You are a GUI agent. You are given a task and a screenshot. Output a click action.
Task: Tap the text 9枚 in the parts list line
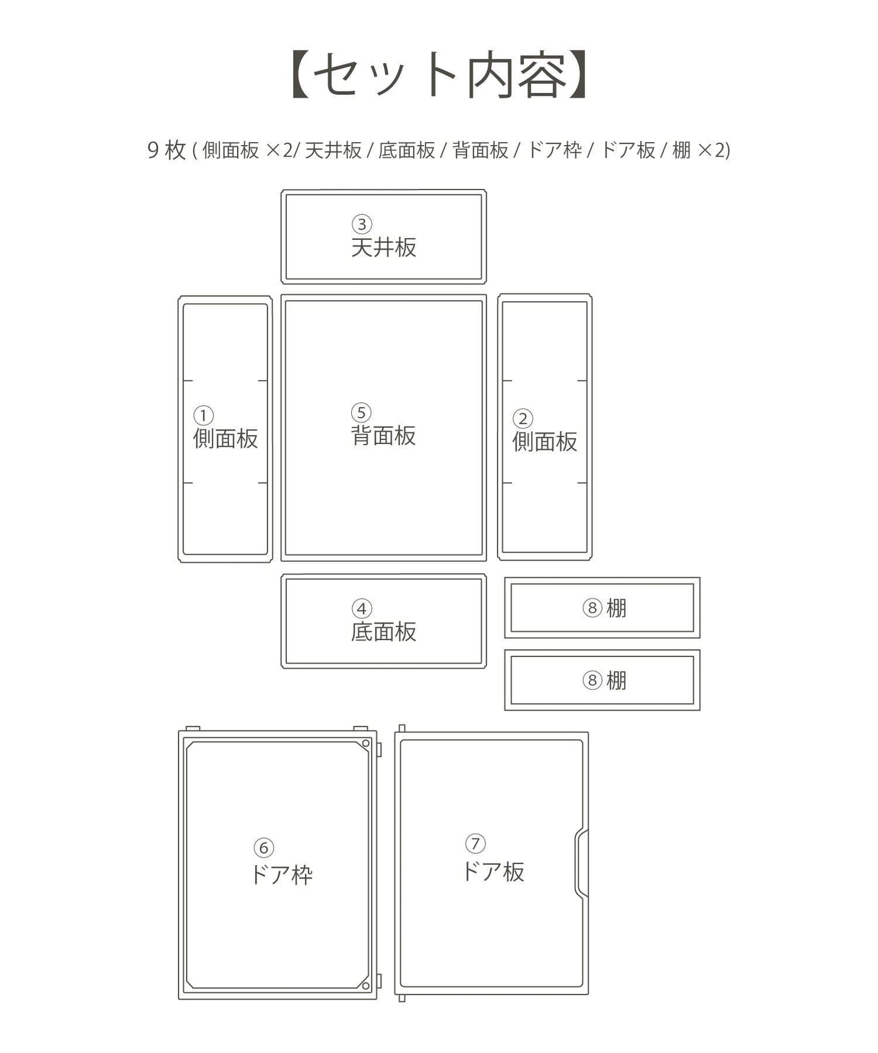pos(166,149)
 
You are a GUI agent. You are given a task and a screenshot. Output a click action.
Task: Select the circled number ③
pos(362,224)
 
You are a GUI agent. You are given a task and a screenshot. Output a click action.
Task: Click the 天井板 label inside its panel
pos(383,248)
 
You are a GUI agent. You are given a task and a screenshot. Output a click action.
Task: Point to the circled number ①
pos(204,415)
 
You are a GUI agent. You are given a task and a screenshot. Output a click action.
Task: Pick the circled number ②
pos(523,418)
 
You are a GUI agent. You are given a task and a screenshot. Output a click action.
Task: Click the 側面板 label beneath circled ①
pos(225,438)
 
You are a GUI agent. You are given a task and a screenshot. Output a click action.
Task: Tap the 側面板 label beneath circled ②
pos(544,441)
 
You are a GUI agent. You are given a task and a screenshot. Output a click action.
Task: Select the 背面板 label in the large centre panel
pos(383,435)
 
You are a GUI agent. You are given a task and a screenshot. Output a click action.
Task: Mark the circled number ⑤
pos(361,413)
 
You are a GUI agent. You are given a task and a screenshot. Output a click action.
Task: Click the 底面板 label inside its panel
pos(383,632)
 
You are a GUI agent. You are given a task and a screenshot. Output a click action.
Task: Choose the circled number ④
pos(362,608)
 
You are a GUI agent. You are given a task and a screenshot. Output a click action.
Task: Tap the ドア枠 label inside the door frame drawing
pos(281,875)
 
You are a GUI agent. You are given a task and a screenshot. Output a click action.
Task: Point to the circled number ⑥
pos(264,848)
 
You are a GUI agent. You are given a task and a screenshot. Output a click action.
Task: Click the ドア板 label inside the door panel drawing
pos(493,871)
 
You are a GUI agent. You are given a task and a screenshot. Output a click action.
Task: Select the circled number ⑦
pos(475,843)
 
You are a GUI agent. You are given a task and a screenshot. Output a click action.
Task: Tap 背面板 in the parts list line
pos(481,150)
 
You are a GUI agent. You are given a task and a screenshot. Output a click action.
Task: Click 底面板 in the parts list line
pos(406,150)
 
